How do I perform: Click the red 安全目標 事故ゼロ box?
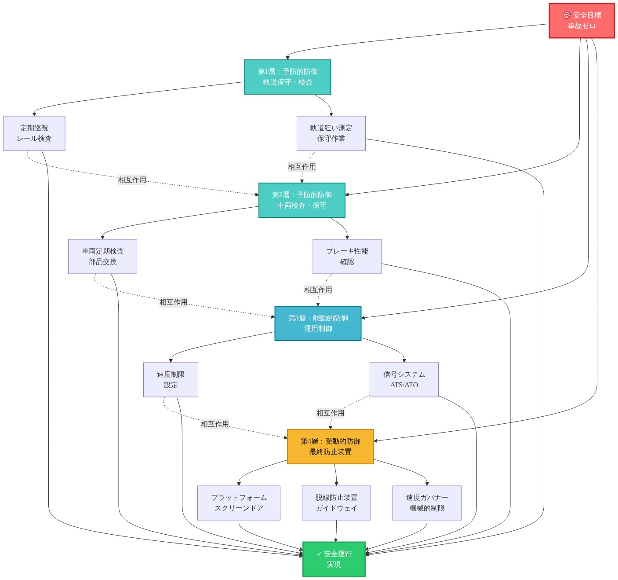click(581, 21)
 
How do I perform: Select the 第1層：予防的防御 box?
click(287, 77)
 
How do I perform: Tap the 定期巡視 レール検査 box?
click(34, 133)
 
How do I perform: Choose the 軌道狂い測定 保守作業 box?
click(331, 133)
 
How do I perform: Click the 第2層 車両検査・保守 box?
click(302, 200)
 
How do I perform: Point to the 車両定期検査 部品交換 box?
click(102, 256)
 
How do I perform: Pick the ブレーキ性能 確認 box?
click(347, 256)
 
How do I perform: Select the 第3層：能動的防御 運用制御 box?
click(318, 323)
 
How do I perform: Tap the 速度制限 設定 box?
click(171, 379)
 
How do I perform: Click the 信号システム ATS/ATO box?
click(404, 379)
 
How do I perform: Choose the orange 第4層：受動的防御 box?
click(330, 446)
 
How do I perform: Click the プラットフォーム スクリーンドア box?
click(239, 503)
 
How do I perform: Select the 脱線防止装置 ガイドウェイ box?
click(336, 503)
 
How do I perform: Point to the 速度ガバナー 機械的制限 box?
click(427, 503)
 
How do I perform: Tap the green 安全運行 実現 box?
click(334, 559)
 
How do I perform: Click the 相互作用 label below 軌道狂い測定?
click(302, 166)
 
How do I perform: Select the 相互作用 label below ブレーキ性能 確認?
click(318, 290)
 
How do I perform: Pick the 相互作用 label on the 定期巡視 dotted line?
click(132, 180)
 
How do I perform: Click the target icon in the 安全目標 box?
click(567, 15)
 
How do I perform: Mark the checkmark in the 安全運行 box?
click(319, 554)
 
